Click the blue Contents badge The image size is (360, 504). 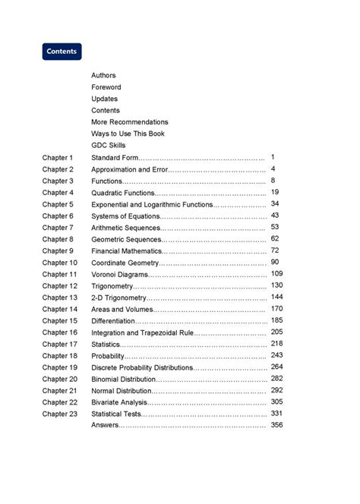click(x=62, y=52)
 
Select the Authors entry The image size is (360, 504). click(x=103, y=75)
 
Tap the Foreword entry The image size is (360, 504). click(x=106, y=87)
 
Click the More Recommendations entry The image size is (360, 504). click(x=129, y=122)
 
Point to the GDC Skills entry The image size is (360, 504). click(x=108, y=145)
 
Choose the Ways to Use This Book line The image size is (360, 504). click(x=128, y=134)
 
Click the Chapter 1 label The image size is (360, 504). click(x=58, y=157)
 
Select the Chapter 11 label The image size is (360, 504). click(x=60, y=274)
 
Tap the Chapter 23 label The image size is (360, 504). click(x=60, y=414)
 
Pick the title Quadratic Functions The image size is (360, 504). click(x=123, y=193)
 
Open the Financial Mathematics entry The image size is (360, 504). click(x=127, y=250)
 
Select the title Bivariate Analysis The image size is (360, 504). click(x=119, y=402)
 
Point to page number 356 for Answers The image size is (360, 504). click(x=276, y=425)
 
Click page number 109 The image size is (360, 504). click(x=276, y=273)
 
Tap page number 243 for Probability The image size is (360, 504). click(x=276, y=355)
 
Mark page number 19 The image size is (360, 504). click(x=274, y=192)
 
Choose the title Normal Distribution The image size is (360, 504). click(x=122, y=390)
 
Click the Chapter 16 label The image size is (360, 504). click(x=60, y=332)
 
